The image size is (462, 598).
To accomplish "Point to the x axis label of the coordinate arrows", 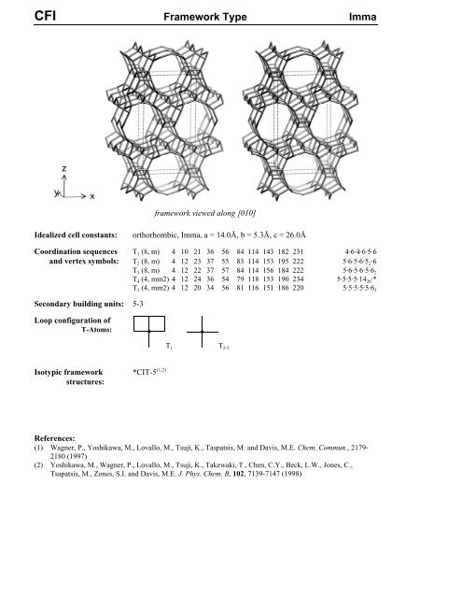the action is (x=92, y=196).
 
